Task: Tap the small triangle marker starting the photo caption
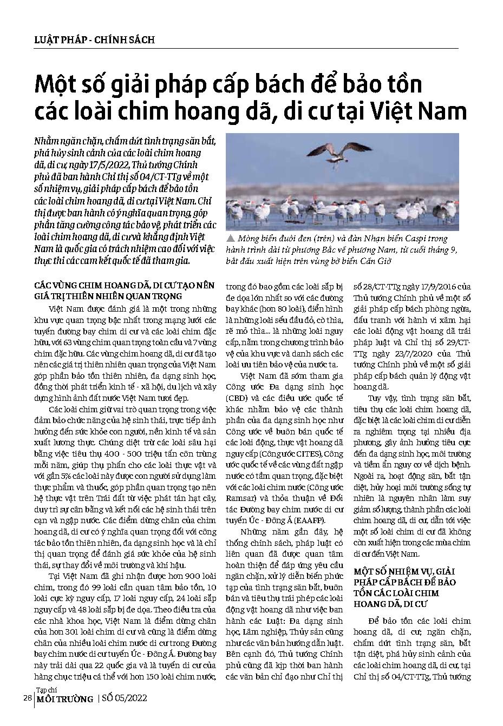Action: click(x=230, y=237)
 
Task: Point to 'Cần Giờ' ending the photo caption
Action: click(x=375, y=261)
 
